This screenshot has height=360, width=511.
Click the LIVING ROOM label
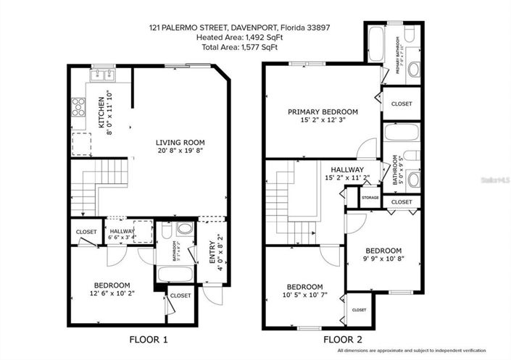(x=180, y=142)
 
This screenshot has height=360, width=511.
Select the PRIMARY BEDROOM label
(x=323, y=112)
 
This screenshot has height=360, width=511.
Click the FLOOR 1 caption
(x=148, y=338)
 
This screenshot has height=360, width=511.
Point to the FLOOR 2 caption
(x=342, y=338)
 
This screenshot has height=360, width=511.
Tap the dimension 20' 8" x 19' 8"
(x=180, y=151)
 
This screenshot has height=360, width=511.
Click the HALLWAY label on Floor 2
(x=347, y=169)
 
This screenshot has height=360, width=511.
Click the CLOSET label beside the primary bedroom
(x=401, y=104)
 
